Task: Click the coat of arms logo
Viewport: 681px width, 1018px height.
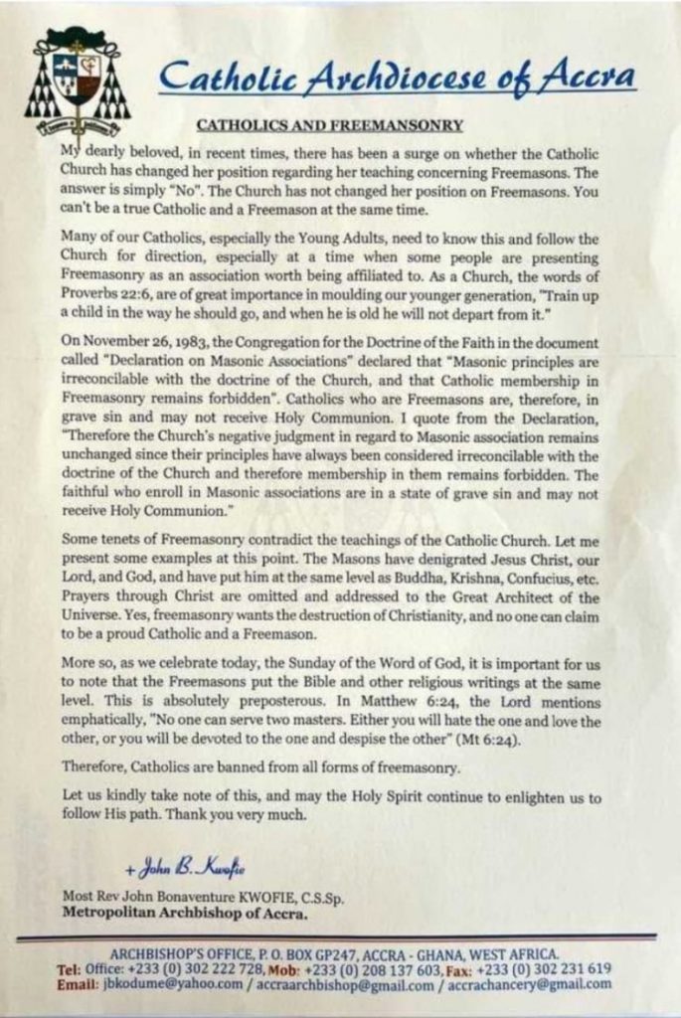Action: (77, 82)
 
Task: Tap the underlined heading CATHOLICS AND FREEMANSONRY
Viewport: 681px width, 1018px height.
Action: (315, 125)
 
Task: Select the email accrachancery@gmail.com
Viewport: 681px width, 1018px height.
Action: (528, 984)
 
